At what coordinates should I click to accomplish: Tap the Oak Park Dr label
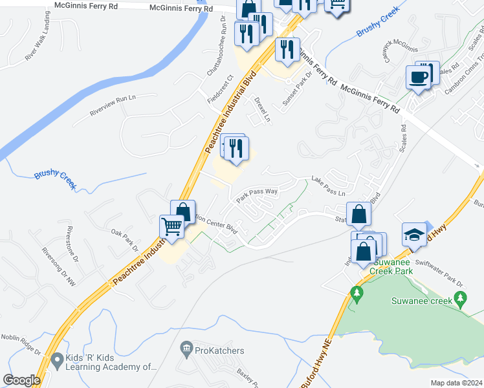pyautogui.click(x=124, y=240)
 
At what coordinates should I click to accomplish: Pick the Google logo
pyautogui.click(x=21, y=380)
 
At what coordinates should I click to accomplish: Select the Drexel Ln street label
pyautogui.click(x=261, y=111)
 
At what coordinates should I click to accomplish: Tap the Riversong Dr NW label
pyautogui.click(x=58, y=267)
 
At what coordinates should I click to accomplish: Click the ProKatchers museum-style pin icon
pyautogui.click(x=187, y=350)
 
